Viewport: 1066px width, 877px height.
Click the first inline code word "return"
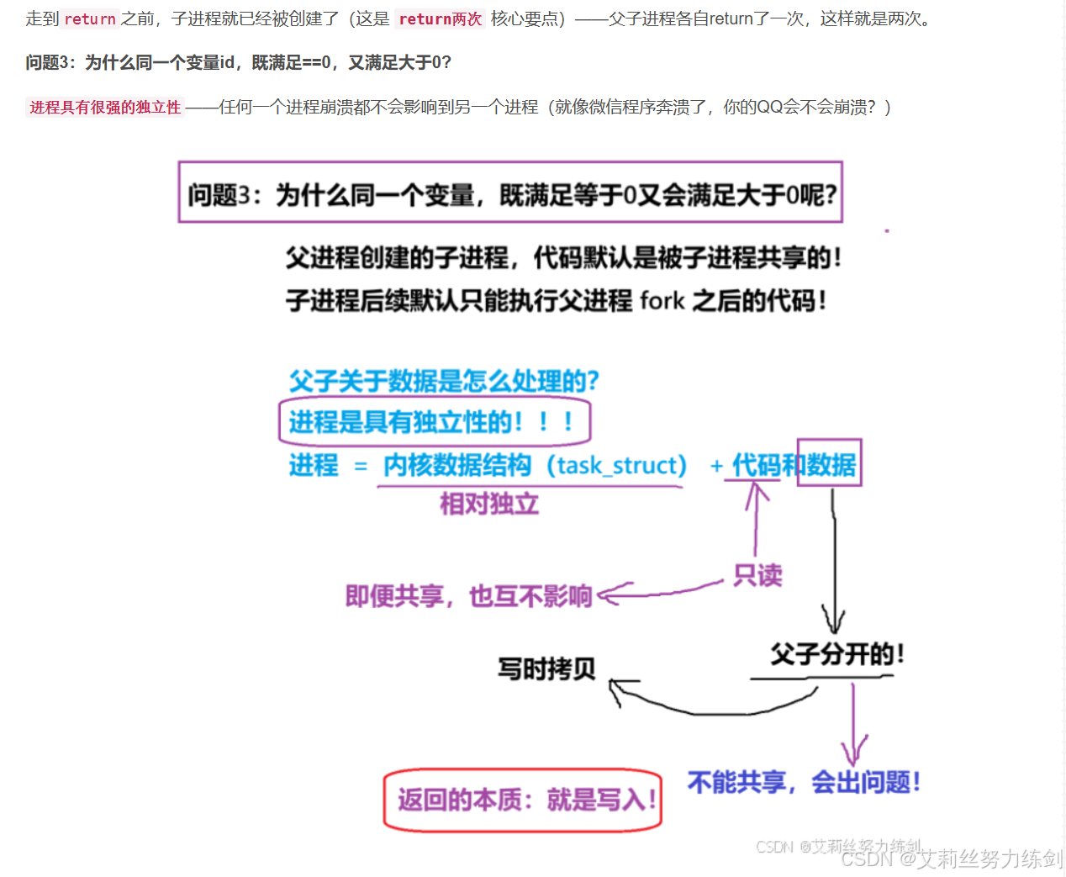(90, 19)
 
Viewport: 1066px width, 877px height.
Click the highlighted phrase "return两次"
(440, 19)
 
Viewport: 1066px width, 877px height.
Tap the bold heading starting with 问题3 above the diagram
(238, 62)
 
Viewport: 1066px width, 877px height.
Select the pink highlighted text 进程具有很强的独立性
(105, 107)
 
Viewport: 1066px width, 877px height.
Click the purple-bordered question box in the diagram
(510, 193)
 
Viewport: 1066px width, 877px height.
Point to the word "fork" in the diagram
(662, 300)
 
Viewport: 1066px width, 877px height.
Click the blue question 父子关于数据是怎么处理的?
(443, 381)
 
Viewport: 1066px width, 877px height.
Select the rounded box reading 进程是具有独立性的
(435, 421)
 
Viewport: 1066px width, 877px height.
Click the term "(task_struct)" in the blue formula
(617, 465)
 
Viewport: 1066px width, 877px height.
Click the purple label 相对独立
(488, 504)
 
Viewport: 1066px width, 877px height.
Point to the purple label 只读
(757, 575)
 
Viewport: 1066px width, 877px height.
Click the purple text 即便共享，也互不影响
(468, 596)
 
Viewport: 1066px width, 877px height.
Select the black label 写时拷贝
(546, 669)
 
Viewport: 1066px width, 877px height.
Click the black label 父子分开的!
(836, 654)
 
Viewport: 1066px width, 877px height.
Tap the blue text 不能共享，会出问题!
(803, 782)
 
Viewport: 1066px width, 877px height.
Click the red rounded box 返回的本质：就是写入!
(523, 800)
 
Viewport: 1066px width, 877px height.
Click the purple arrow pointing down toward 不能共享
(853, 723)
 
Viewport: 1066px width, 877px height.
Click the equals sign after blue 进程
(361, 466)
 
